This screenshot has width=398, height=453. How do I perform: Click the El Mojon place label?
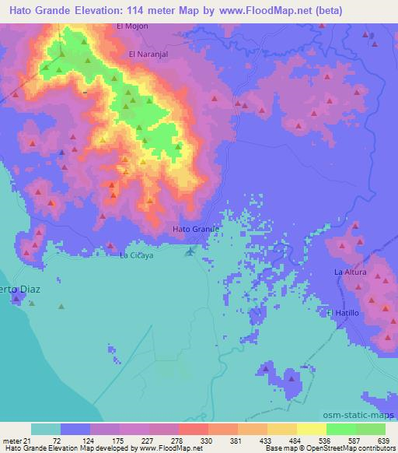pos(131,26)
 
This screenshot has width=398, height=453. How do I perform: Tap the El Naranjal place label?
pos(148,54)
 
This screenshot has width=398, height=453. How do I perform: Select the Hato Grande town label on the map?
pos(195,230)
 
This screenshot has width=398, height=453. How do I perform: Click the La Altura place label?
pos(349,272)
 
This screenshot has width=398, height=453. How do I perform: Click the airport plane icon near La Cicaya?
pos(190,251)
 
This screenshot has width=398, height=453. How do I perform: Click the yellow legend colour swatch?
pos(311,429)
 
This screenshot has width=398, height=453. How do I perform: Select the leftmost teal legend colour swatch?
pos(46,429)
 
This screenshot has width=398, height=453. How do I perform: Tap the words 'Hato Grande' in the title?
pos(39,7)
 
